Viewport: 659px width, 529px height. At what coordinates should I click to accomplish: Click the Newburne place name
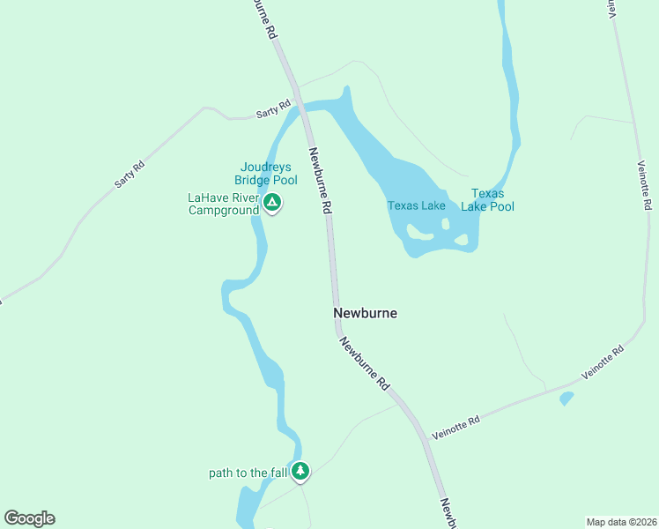[365, 313]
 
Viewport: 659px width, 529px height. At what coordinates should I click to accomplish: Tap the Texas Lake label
[417, 206]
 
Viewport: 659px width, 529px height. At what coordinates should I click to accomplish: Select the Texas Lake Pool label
[488, 200]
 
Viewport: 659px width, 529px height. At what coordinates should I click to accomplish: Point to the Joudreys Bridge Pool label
[269, 174]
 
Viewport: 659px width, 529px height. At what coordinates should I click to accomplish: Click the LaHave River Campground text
[224, 205]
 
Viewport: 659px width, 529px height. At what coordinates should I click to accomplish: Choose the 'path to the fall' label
[248, 473]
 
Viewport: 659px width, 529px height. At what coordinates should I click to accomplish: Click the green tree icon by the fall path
[301, 473]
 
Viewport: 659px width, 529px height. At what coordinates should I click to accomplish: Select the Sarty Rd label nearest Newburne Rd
[273, 109]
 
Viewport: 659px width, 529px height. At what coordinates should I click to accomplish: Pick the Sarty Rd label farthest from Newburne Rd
[129, 175]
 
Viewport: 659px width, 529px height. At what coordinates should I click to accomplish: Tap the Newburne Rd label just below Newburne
[365, 364]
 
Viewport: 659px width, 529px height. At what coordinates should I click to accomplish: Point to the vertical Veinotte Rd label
[644, 185]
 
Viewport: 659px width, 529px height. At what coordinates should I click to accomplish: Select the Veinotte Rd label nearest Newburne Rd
[456, 428]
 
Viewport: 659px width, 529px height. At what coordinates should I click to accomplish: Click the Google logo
[30, 518]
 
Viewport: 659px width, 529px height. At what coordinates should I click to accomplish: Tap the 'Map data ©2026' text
[621, 522]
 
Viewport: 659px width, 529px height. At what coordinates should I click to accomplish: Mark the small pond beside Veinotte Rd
[566, 399]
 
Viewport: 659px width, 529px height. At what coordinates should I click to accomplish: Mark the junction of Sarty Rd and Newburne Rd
[300, 105]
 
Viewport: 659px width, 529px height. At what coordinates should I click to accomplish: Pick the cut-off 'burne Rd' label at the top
[264, 18]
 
